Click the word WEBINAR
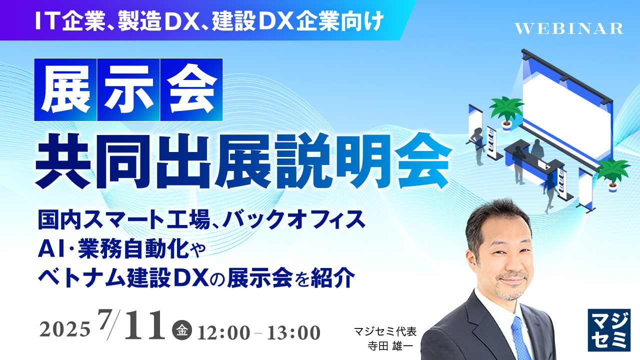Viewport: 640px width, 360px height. tap(568, 28)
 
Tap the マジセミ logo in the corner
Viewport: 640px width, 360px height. tap(608, 329)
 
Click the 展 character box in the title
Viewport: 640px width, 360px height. tap(65, 89)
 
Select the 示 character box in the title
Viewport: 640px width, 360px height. tap(128, 89)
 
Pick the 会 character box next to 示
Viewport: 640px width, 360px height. tap(191, 89)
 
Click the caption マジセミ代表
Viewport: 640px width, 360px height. tap(385, 331)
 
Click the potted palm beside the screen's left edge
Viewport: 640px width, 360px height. tap(506, 111)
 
